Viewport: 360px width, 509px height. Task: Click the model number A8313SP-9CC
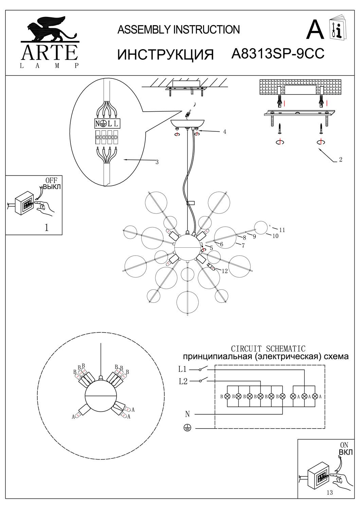[277, 54]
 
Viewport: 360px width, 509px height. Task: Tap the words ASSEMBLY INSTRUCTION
[178, 30]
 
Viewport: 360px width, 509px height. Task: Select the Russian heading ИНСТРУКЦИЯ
[165, 54]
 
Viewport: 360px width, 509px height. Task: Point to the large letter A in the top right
[315, 30]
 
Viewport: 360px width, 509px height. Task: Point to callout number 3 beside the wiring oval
[157, 162]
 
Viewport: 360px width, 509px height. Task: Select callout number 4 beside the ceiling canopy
[224, 132]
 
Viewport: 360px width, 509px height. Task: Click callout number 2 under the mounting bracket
[340, 159]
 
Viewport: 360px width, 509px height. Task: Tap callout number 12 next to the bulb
[224, 271]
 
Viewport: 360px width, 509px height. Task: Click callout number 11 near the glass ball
[282, 230]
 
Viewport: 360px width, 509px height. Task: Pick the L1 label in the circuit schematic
[182, 369]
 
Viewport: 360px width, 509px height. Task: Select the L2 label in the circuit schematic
[183, 381]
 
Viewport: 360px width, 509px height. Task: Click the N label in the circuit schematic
[187, 414]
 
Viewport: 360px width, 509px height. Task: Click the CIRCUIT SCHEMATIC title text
[268, 349]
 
